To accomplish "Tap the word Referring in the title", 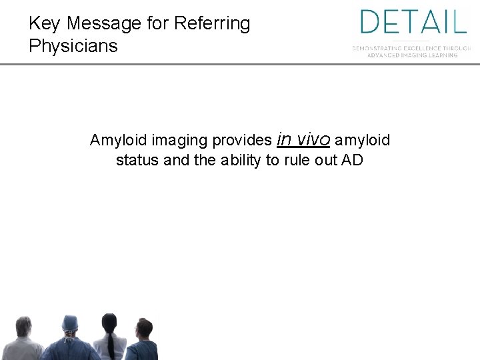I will [x=211, y=24].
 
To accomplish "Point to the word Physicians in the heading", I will [x=73, y=46].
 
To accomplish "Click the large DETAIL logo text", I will [x=413, y=22].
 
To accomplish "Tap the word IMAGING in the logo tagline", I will [x=423, y=55].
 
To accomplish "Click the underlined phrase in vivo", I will [x=303, y=139].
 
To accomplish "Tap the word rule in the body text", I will [x=293, y=160].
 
